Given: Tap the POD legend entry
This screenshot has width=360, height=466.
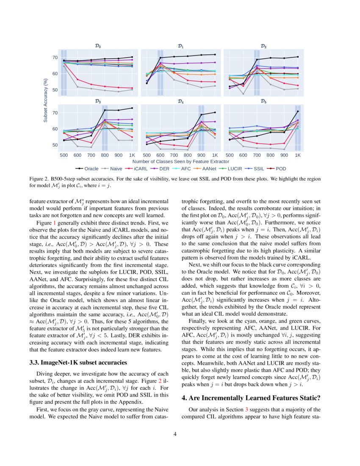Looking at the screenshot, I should click(280, 168).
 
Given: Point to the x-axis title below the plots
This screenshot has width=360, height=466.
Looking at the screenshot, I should click(181, 161).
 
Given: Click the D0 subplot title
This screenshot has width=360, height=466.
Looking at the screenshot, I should click(98, 46).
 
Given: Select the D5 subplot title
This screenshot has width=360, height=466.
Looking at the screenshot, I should click(263, 101).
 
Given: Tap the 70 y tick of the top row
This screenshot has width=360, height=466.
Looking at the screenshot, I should click(55, 57).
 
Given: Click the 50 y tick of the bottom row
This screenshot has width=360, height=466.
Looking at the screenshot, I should click(55, 145).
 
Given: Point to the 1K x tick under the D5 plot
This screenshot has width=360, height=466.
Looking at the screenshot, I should click(298, 155).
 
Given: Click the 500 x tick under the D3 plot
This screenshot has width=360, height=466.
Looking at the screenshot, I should click(64, 155).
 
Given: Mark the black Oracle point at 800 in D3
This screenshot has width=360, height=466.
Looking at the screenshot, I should click(105, 110).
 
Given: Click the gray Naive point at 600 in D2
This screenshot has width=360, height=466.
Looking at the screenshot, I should click(243, 94).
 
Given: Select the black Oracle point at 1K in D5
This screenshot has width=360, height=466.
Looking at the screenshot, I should click(298, 111).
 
